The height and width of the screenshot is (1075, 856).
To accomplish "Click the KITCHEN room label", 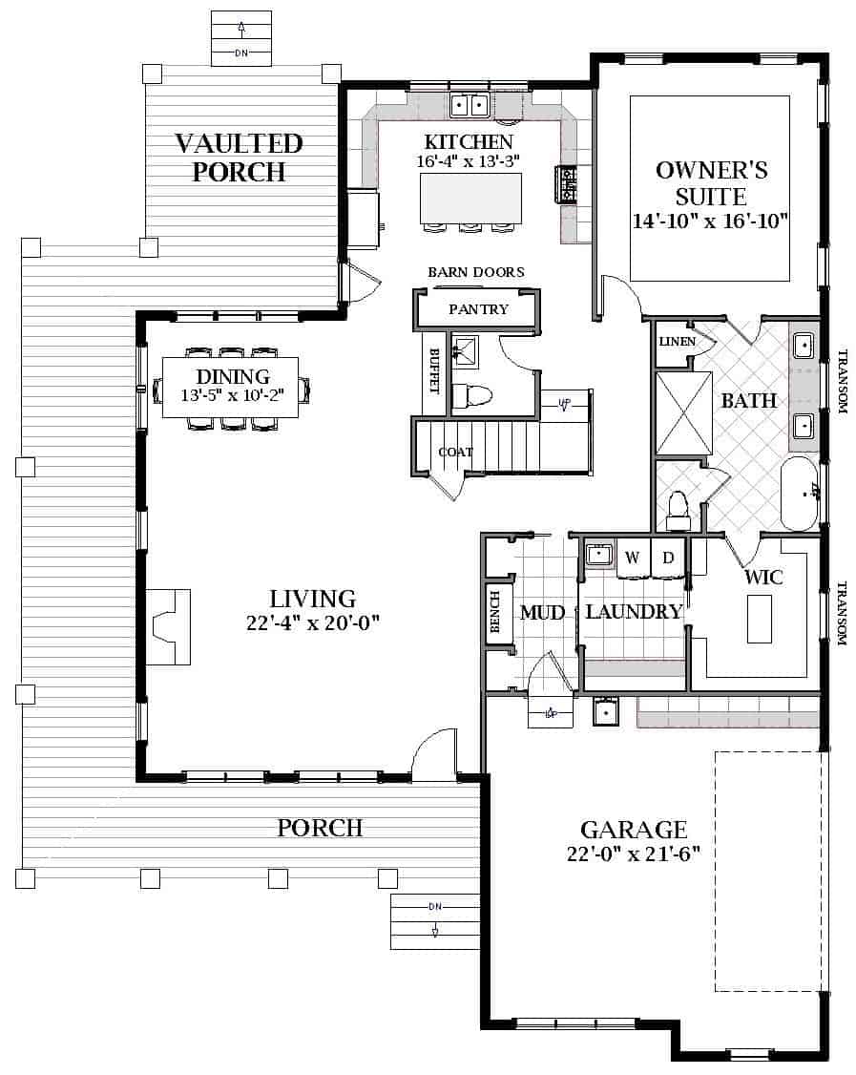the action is tap(469, 142).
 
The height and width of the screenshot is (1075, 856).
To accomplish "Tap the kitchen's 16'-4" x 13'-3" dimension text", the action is tap(469, 161).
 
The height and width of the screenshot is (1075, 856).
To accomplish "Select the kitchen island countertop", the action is tap(470, 199).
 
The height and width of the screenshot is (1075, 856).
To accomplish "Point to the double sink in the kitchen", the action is tap(469, 105).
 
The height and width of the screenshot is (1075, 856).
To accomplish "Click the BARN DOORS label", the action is tap(476, 272).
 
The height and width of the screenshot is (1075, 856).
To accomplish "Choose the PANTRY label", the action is tap(478, 309).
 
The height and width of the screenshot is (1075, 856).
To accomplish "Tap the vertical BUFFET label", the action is tap(434, 370).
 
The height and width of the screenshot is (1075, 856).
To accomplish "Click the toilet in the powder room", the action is tap(472, 395).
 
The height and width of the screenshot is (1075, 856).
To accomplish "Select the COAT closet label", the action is tap(456, 452).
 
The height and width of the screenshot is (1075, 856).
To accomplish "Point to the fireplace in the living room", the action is tap(168, 626).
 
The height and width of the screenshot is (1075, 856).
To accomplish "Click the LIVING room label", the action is tap(312, 599).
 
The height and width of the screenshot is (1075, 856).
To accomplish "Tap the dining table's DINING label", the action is tap(233, 376).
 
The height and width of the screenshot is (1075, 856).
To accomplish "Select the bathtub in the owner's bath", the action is tap(799, 494).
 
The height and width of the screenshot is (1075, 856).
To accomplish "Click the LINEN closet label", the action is tap(678, 342).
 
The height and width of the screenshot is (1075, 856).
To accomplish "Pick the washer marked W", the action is tap(633, 558).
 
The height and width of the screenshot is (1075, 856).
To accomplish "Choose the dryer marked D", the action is tap(668, 558).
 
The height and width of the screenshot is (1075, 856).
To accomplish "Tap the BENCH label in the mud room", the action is tap(495, 612).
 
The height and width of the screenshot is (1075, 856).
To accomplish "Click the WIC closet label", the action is tap(763, 577).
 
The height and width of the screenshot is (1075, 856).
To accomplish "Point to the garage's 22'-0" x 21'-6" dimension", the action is tap(634, 854).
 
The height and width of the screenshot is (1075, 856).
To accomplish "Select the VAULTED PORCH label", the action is tap(239, 158).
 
